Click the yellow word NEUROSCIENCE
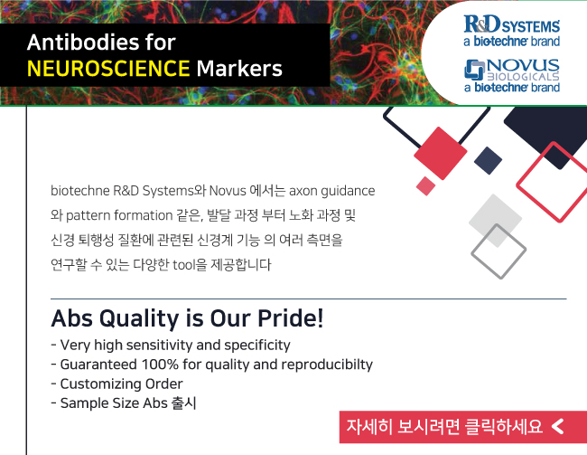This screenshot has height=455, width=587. (x=108, y=68)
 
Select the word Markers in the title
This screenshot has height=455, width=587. (x=239, y=68)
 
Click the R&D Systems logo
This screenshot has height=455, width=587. (x=512, y=31)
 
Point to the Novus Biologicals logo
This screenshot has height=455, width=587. (x=512, y=76)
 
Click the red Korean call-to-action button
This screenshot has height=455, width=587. (x=463, y=427)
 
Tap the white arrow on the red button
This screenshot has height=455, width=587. (x=558, y=426)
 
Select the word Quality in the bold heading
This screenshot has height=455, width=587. (x=139, y=318)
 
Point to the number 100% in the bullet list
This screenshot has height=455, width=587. (x=160, y=365)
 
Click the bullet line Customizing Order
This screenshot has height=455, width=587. (x=116, y=384)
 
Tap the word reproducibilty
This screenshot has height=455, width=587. (x=327, y=365)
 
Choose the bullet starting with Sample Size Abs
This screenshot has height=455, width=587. (x=124, y=403)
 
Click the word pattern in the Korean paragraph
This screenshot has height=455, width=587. (x=88, y=215)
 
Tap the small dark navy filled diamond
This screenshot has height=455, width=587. (x=488, y=160)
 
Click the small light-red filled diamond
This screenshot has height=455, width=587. (x=425, y=186)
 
